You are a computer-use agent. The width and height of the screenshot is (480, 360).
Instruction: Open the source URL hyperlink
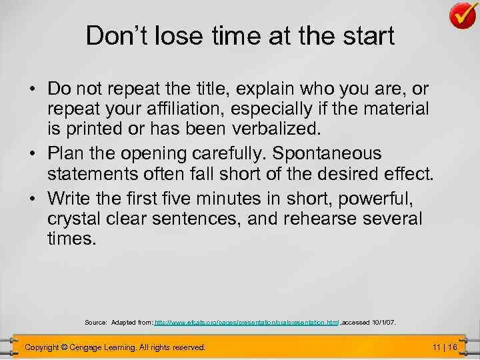(x=247, y=323)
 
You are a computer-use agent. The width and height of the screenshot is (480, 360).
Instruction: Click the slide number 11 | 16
(x=445, y=347)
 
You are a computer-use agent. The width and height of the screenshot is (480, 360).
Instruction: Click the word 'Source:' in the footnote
(x=96, y=323)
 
